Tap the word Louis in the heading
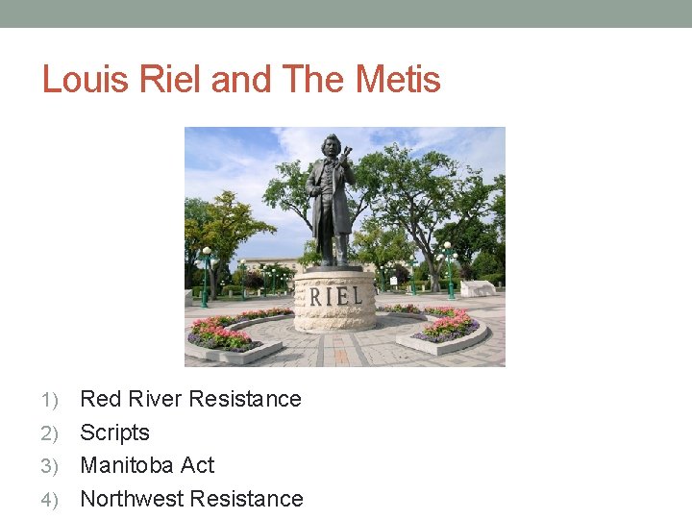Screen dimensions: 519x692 pyautogui.click(x=85, y=79)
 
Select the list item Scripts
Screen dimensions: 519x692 pyautogui.click(x=114, y=432)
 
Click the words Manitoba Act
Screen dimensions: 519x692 pyautogui.click(x=147, y=465)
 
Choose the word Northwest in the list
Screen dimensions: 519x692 pyautogui.click(x=132, y=499)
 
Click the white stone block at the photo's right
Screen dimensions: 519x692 pyautogui.click(x=478, y=288)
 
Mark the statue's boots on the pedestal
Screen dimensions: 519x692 pyautogui.click(x=333, y=258)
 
